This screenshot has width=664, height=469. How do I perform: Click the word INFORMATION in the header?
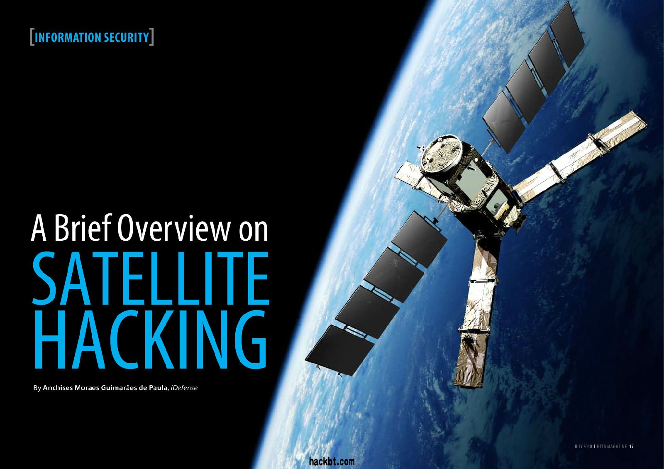click(x=68, y=38)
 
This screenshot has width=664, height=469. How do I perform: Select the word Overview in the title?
click(x=174, y=228)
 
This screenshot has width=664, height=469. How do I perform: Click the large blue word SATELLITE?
click(x=151, y=278)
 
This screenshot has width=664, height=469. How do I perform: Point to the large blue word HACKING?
click(x=151, y=340)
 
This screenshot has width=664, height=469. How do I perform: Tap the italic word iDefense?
click(x=184, y=388)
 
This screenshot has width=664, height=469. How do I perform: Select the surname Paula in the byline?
click(x=158, y=388)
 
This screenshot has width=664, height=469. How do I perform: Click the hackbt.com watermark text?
click(x=332, y=461)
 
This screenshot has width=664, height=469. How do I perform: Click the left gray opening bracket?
click(x=32, y=37)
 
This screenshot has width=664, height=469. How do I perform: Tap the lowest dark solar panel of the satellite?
click(x=340, y=350)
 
